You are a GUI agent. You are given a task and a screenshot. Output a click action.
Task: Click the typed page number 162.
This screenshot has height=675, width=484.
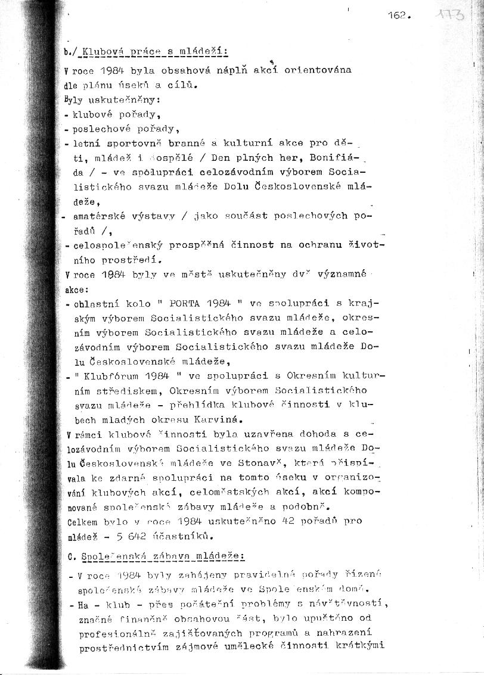click(397, 17)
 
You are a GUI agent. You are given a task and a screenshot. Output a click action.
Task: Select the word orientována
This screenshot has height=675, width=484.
click(318, 70)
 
